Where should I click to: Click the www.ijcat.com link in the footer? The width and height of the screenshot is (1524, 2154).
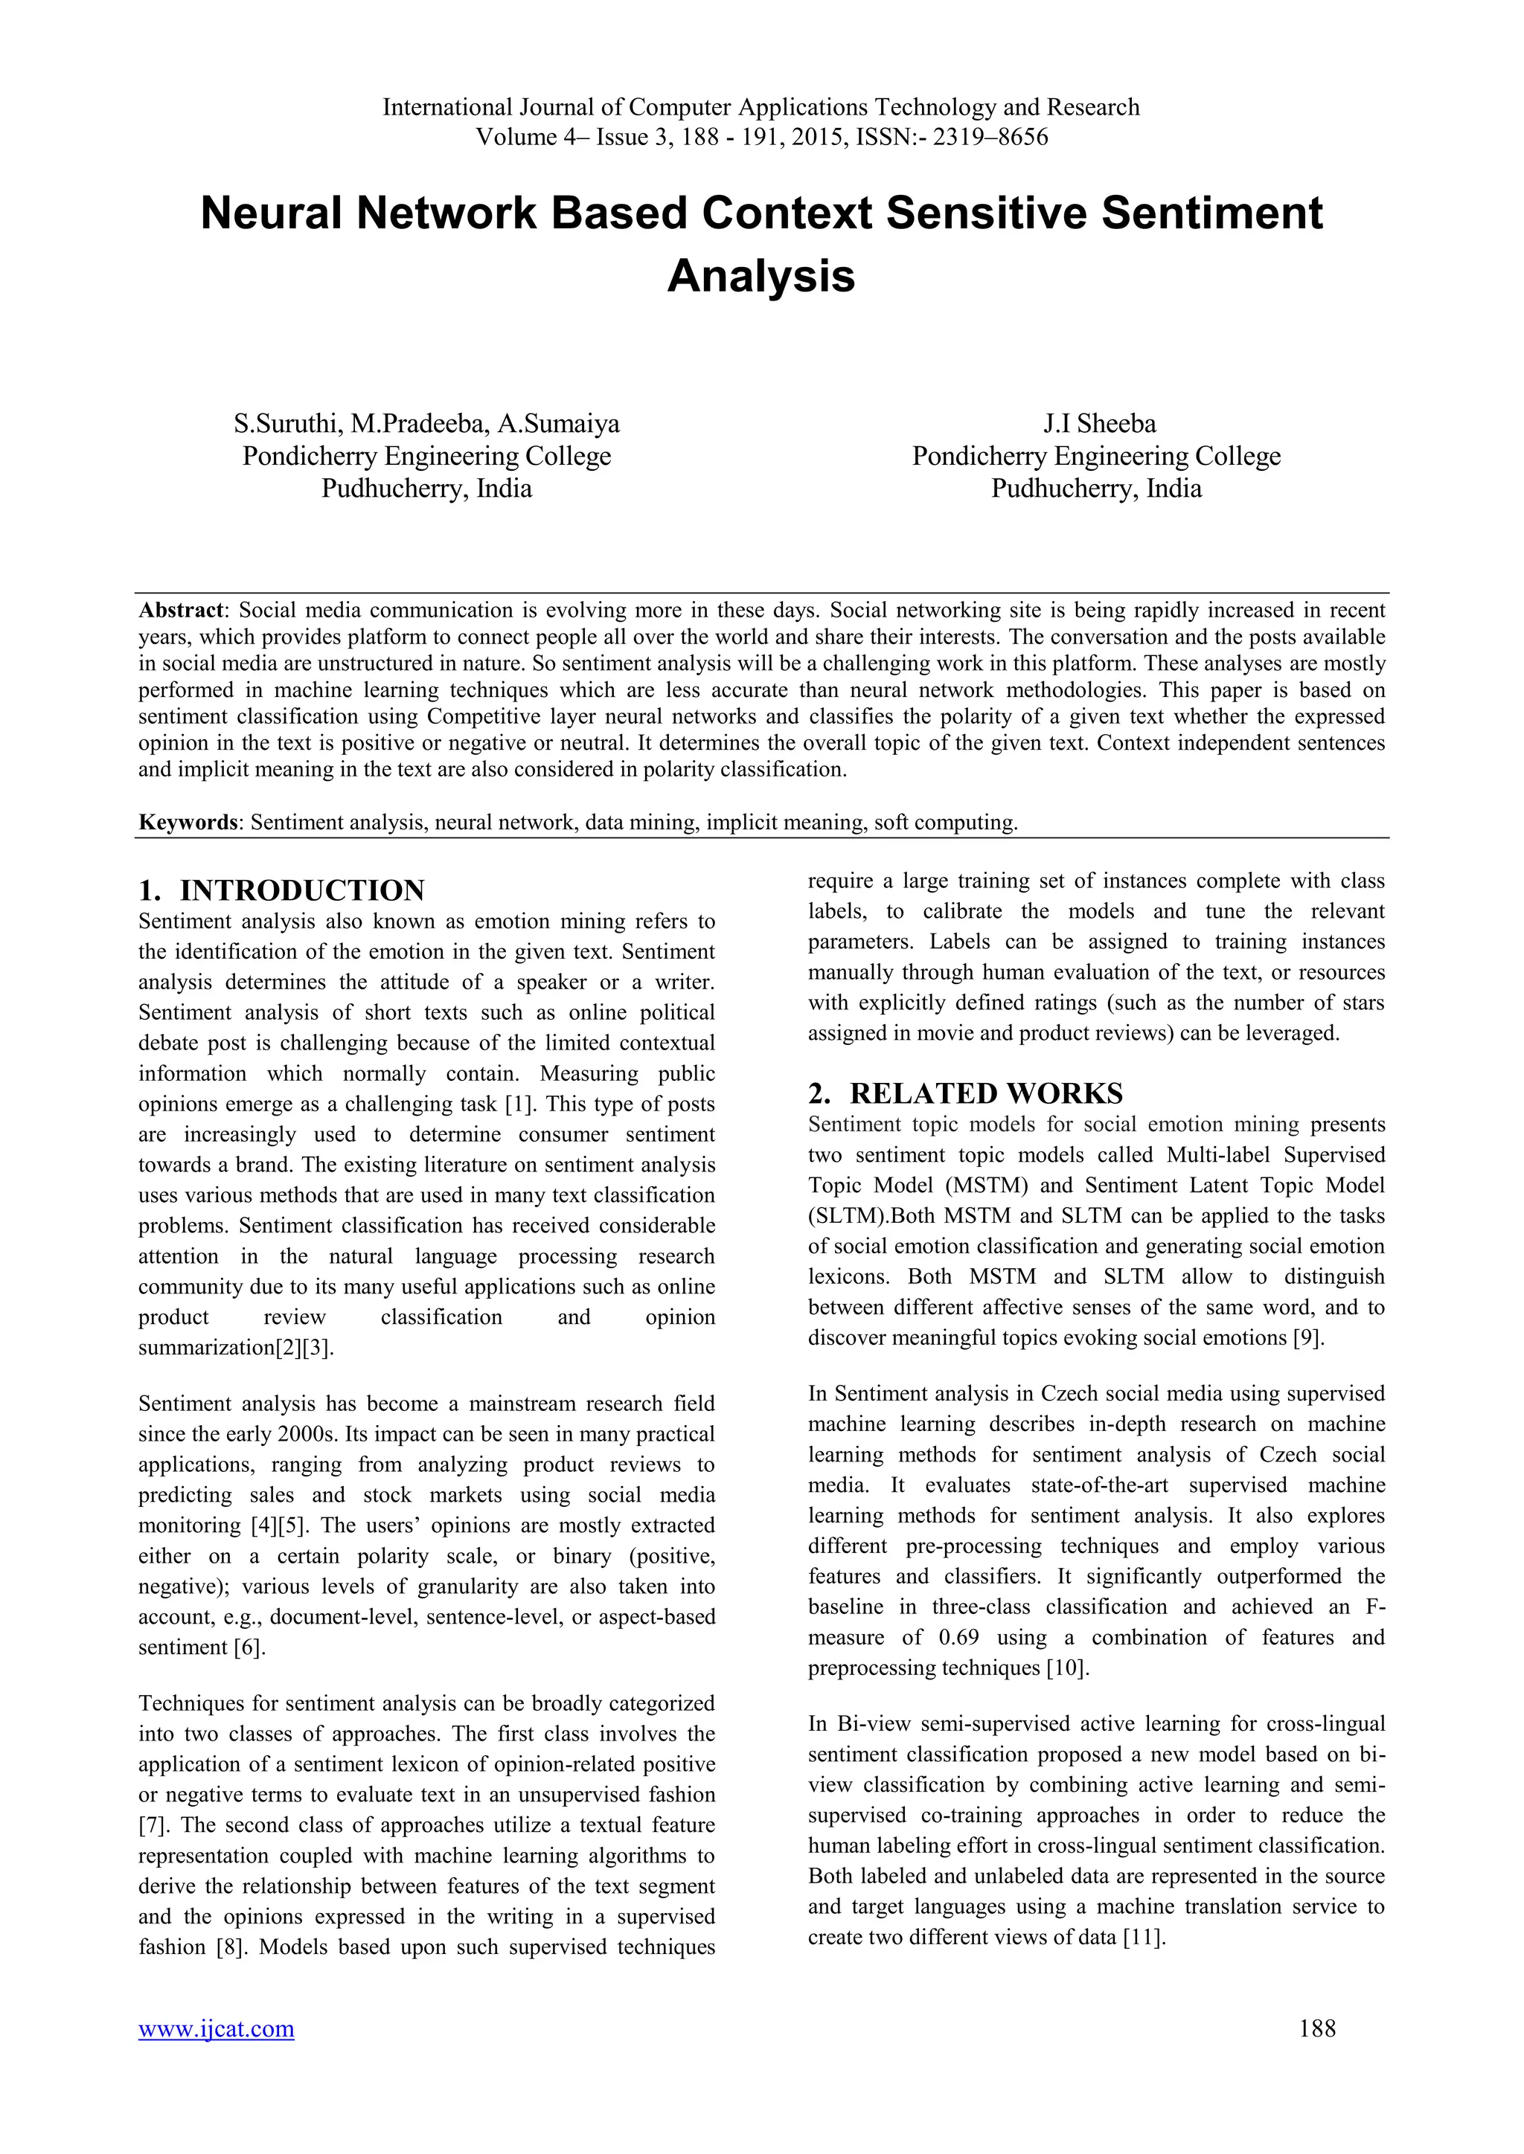tap(216, 2028)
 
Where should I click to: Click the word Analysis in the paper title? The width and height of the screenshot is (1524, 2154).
tap(761, 276)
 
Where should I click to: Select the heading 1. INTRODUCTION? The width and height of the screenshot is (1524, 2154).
tap(281, 890)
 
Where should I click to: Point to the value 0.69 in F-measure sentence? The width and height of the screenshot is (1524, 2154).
tap(959, 1637)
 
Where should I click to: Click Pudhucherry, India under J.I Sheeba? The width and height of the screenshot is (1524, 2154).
tap(1096, 489)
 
